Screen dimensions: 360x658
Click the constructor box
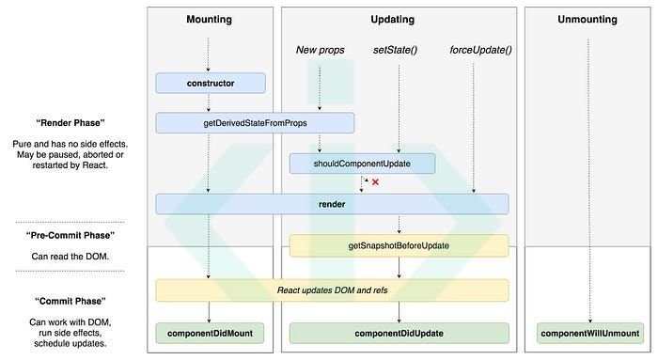point(209,84)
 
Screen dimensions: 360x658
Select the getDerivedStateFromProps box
point(255,123)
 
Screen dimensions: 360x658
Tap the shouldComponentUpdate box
point(362,164)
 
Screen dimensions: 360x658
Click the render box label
point(332,204)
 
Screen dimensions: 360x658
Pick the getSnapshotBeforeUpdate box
point(399,246)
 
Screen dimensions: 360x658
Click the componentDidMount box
point(209,333)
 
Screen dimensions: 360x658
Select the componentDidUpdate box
point(399,333)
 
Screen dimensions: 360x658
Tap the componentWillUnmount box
point(589,333)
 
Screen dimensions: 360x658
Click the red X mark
point(375,182)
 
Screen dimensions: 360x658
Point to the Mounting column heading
point(209,20)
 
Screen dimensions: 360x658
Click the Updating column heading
point(399,20)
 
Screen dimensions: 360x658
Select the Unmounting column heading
point(589,20)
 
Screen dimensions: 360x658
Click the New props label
point(320,49)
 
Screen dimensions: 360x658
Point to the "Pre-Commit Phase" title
point(70,235)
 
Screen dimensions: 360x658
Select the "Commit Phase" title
point(70,301)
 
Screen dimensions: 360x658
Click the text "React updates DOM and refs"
point(332,290)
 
